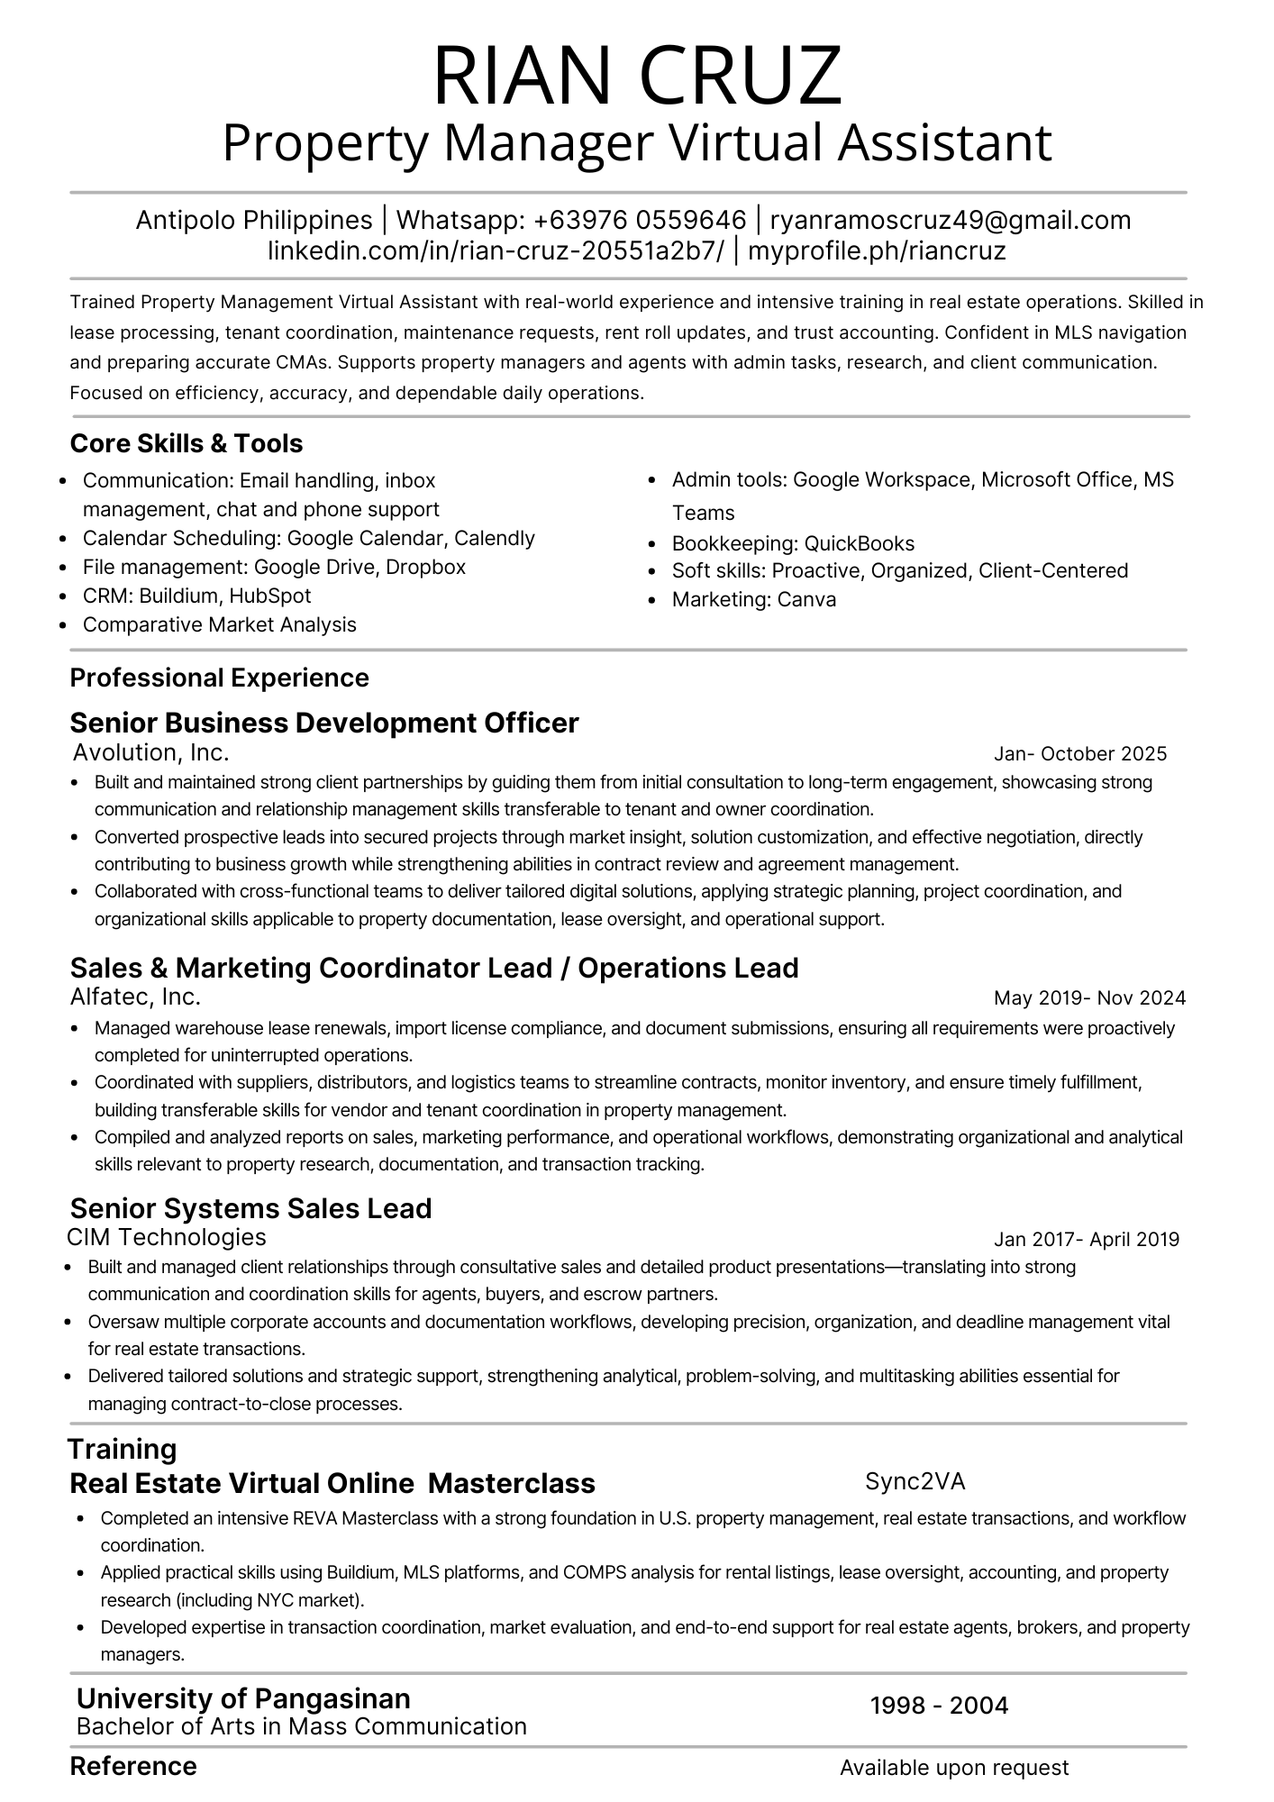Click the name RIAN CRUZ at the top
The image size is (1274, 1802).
tap(637, 76)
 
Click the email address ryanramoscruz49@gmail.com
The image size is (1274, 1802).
tap(951, 220)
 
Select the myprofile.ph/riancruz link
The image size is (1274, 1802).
tap(877, 250)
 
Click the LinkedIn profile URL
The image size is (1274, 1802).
tap(496, 250)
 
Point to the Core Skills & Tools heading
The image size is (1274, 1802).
tap(187, 443)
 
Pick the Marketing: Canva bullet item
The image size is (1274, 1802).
tap(753, 599)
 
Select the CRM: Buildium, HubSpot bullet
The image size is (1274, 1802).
tap(196, 596)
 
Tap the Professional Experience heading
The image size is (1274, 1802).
tap(219, 678)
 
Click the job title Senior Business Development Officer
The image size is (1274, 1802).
tap(324, 723)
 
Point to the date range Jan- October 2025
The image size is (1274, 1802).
tap(1080, 753)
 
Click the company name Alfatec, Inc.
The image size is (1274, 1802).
tap(135, 997)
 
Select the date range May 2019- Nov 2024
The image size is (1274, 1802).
tap(1089, 997)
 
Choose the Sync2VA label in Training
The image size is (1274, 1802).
tap(915, 1481)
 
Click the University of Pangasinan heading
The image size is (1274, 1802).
tap(243, 1698)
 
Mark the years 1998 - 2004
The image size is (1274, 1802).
tap(939, 1705)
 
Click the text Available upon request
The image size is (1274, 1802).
tap(954, 1768)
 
